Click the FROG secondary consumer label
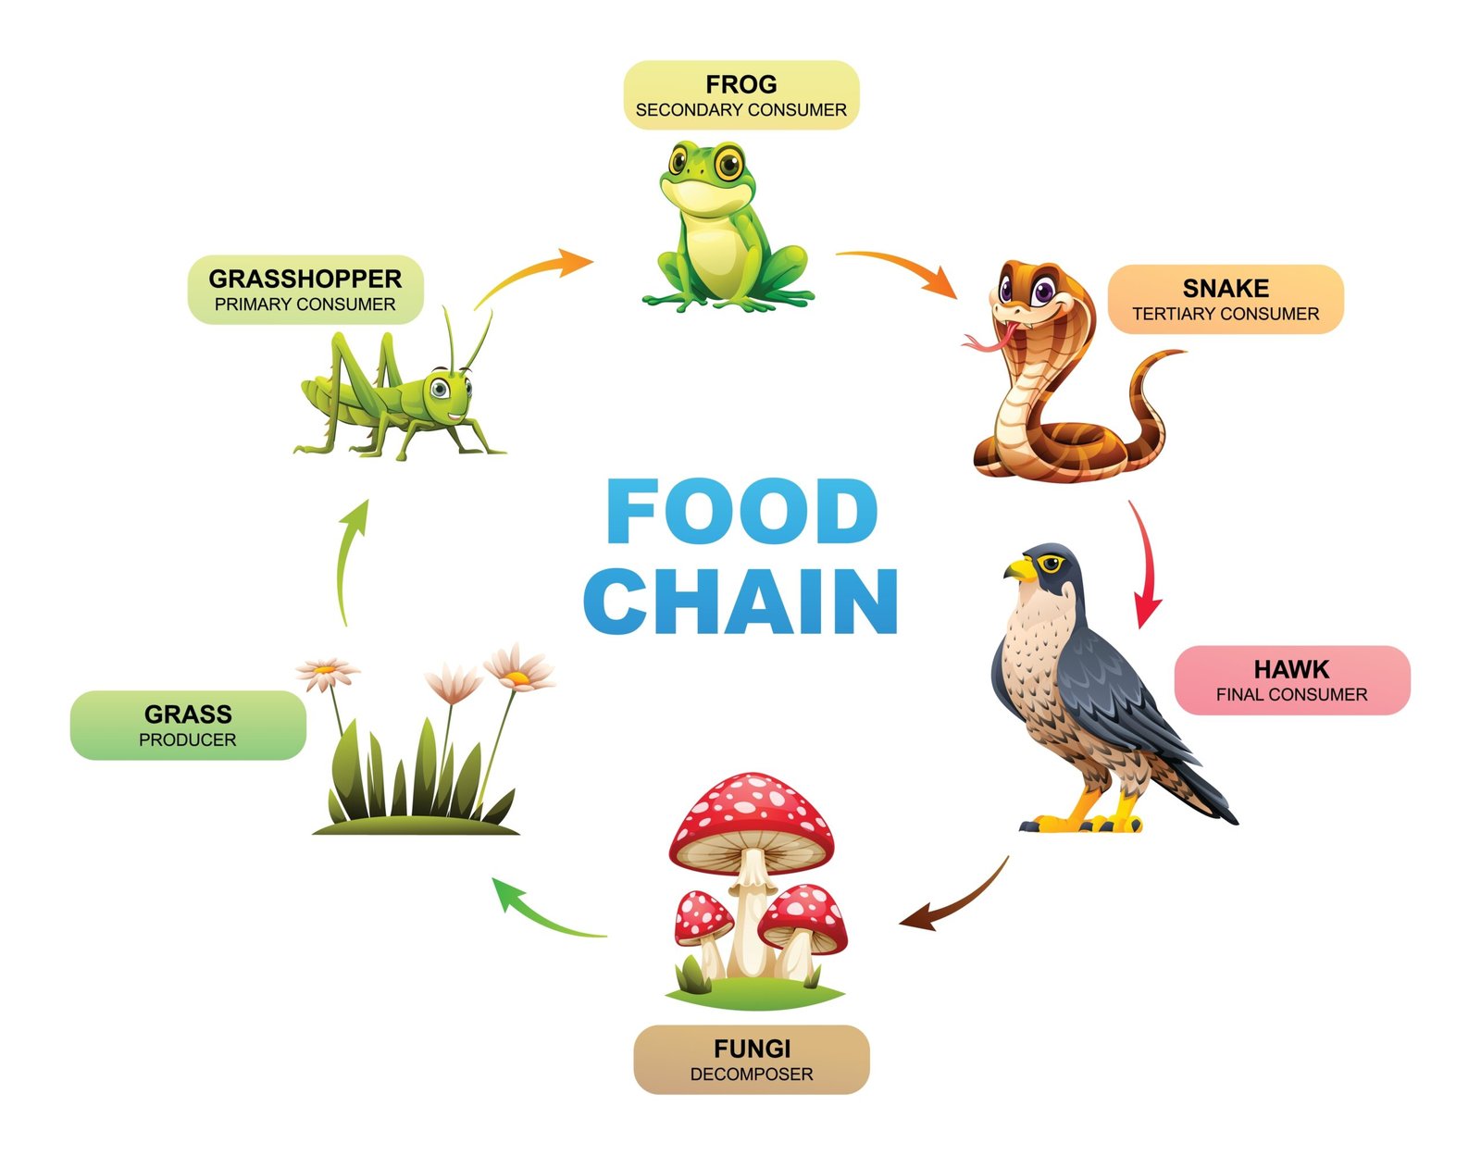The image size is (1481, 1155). tap(740, 95)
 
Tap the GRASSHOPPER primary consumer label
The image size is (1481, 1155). tap(305, 290)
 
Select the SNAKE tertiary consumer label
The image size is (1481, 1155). tap(1225, 299)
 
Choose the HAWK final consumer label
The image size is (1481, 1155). tap(1291, 680)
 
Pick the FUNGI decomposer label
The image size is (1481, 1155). tap(751, 1060)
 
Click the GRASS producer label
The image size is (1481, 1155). tap(188, 726)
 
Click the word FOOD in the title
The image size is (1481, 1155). tap(741, 512)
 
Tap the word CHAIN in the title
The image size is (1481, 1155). tap(741, 602)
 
